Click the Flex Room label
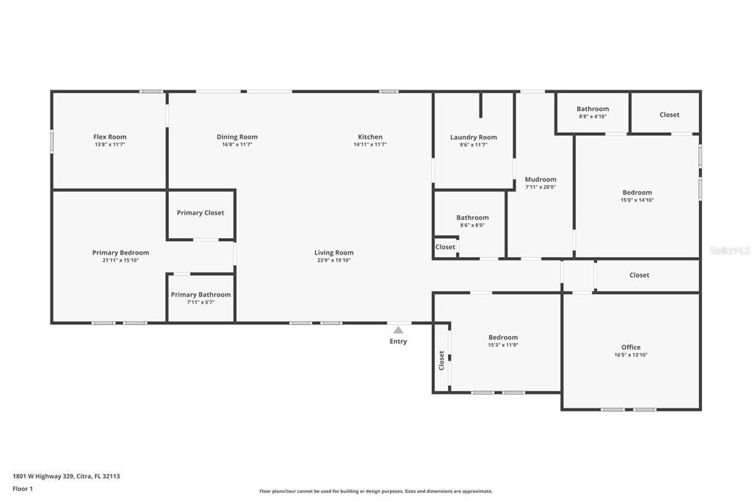[109, 137]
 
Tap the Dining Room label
[237, 137]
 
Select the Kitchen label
[370, 137]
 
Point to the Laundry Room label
[474, 137]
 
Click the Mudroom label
[540, 179]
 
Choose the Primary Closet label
[200, 213]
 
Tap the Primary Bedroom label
[120, 253]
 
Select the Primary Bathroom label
[200, 295]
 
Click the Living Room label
[334, 253]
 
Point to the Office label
[631, 347]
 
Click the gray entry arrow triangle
[398, 331]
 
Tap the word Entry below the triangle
[398, 342]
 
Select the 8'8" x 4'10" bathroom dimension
[593, 117]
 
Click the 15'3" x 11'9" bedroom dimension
[503, 345]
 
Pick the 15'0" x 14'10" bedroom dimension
[637, 200]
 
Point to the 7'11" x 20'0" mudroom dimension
[540, 187]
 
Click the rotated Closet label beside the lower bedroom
[441, 360]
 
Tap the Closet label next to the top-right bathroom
[669, 115]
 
